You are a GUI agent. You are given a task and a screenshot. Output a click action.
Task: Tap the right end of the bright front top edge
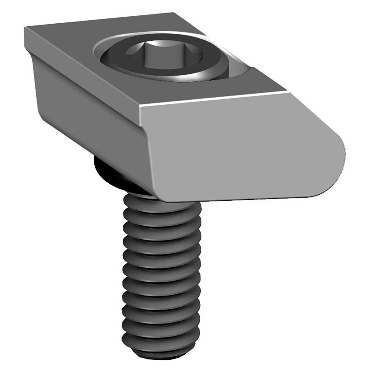point(289,92)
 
